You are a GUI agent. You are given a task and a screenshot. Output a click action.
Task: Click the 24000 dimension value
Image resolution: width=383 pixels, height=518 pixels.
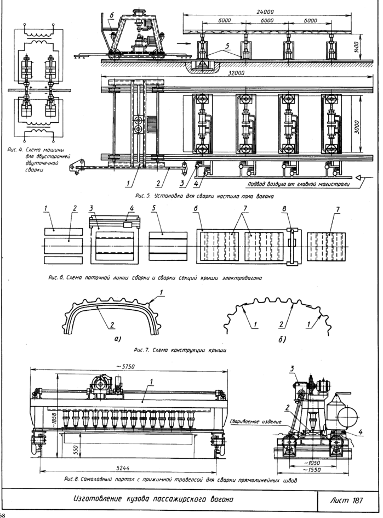point(265,12)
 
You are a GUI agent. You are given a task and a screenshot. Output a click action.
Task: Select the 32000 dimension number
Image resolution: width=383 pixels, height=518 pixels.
point(236,73)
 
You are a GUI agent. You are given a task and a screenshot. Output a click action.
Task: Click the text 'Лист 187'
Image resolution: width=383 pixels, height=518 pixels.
point(347,500)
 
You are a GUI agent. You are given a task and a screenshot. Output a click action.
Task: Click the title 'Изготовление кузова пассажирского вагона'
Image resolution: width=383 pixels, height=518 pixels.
point(153,499)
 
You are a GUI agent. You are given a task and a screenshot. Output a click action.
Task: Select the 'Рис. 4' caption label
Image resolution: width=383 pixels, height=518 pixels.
point(15,150)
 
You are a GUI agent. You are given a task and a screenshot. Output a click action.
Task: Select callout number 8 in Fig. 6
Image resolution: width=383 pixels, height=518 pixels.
point(284,209)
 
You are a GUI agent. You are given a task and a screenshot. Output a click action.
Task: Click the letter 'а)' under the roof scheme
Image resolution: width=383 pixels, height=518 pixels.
point(117,339)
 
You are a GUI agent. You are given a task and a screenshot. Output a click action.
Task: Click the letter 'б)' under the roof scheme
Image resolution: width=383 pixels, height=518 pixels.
point(282,340)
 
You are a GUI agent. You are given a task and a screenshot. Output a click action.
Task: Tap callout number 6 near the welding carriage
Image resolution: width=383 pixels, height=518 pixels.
point(111,15)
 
